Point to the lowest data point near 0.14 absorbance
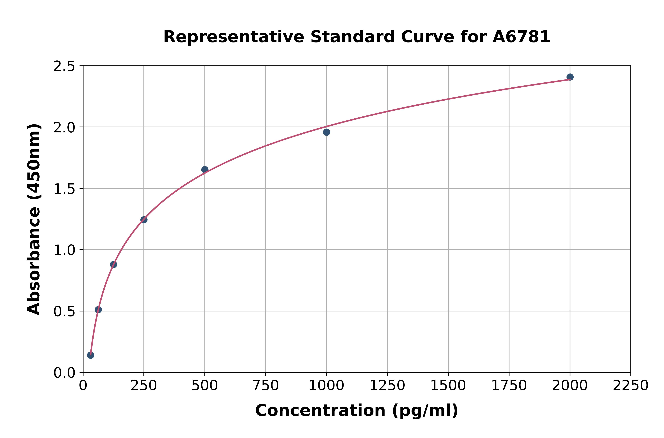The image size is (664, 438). (x=91, y=355)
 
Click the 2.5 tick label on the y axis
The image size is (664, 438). (x=64, y=67)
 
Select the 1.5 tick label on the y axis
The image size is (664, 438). (x=64, y=189)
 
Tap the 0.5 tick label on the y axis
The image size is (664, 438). (x=64, y=312)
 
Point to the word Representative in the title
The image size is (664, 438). (x=234, y=37)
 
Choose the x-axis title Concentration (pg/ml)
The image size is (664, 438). (x=357, y=411)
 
